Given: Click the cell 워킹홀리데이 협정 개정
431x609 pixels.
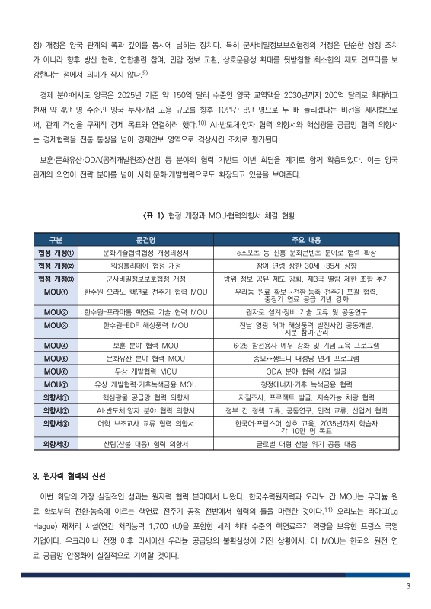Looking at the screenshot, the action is pos(145,266).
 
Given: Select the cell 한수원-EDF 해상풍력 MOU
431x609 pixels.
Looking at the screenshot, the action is pos(145,327).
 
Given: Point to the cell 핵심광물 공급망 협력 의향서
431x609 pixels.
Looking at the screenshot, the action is pos(145,397).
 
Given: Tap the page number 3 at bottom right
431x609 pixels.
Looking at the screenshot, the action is pos(408,586).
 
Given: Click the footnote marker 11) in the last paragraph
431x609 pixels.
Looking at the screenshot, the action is pos(328,508).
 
